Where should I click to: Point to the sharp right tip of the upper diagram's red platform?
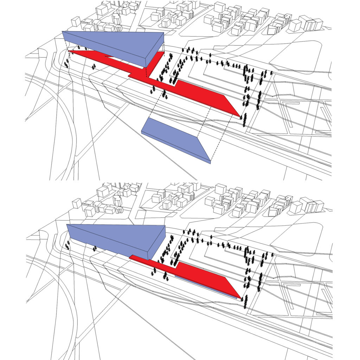click(x=240, y=116)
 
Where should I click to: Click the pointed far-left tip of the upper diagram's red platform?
click(x=69, y=51)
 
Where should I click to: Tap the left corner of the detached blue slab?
click(x=142, y=131)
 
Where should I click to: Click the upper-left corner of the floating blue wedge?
click(x=62, y=32)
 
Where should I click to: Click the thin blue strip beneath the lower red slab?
click(x=207, y=288)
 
